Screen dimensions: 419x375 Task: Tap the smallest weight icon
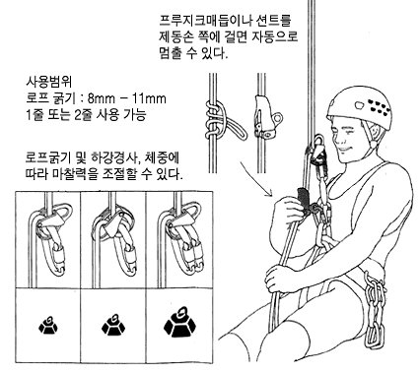pos(48,325)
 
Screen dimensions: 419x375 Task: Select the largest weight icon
pos(179,322)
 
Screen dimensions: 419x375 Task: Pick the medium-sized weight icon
pos(113,324)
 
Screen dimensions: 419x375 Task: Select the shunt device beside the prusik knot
pos(266,116)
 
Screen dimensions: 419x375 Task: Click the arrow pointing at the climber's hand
pos(256,178)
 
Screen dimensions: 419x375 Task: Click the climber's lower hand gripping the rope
pos(279,279)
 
